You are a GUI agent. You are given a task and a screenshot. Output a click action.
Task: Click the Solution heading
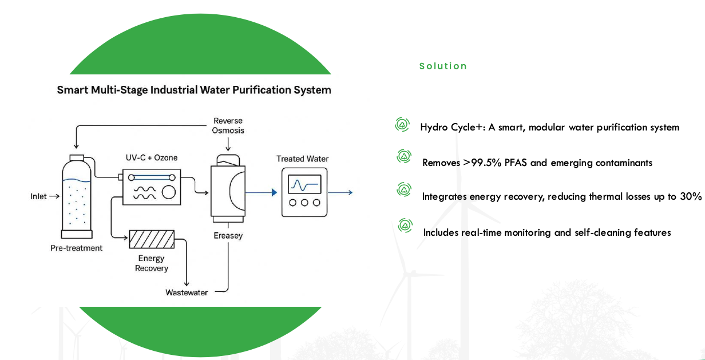[x=443, y=66]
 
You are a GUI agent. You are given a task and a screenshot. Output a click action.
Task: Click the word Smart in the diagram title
[x=72, y=90]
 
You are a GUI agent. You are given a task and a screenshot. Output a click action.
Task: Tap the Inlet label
[x=39, y=196]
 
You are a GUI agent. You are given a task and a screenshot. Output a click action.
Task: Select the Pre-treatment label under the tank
[x=77, y=248]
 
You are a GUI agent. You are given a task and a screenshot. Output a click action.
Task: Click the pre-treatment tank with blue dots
[x=77, y=197]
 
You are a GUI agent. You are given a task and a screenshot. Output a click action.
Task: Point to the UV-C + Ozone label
[x=151, y=158]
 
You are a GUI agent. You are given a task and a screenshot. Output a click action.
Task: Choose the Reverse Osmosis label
[x=228, y=125]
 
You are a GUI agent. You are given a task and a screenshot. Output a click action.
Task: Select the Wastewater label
[x=187, y=292]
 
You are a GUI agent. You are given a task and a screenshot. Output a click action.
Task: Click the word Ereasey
[x=228, y=235]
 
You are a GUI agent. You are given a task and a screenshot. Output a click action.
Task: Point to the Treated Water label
[x=303, y=159]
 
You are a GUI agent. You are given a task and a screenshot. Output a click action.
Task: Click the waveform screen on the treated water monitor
[x=304, y=185]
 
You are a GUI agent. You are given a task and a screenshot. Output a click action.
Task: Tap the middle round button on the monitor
[x=304, y=203]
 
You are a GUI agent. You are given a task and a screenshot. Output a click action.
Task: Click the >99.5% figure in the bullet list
[x=482, y=163]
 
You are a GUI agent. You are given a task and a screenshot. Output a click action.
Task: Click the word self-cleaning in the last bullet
[x=596, y=232]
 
